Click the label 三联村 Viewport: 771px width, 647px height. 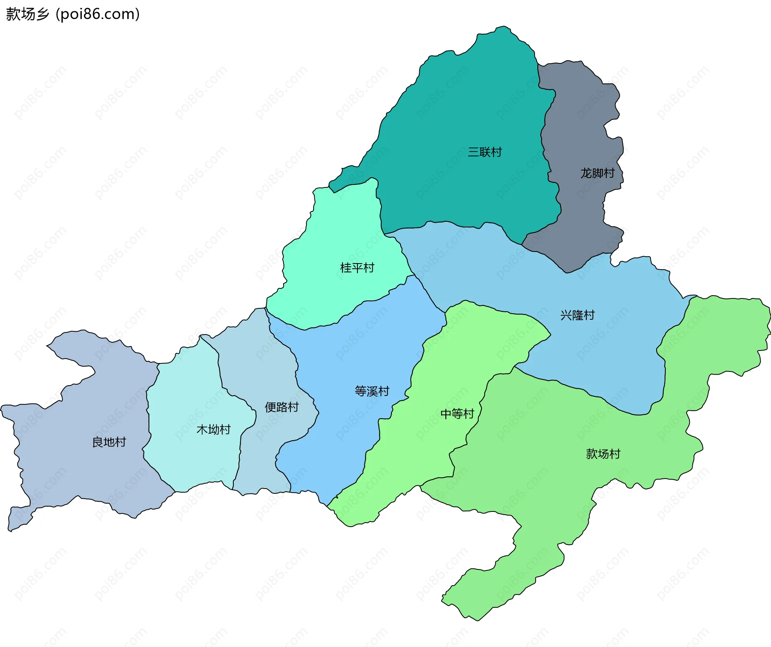click(485, 152)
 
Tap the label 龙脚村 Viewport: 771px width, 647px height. click(597, 173)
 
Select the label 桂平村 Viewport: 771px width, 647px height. click(357, 268)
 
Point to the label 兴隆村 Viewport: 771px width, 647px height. click(577, 315)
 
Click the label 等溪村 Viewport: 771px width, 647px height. click(372, 391)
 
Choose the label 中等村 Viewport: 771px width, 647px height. click(457, 414)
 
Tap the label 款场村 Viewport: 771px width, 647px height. click(603, 454)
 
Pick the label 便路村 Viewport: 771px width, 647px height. click(281, 407)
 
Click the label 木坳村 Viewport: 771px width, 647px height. click(213, 430)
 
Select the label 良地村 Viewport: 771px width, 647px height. click(109, 442)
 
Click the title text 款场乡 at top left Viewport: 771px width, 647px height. click(27, 14)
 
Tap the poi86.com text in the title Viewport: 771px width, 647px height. click(98, 14)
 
